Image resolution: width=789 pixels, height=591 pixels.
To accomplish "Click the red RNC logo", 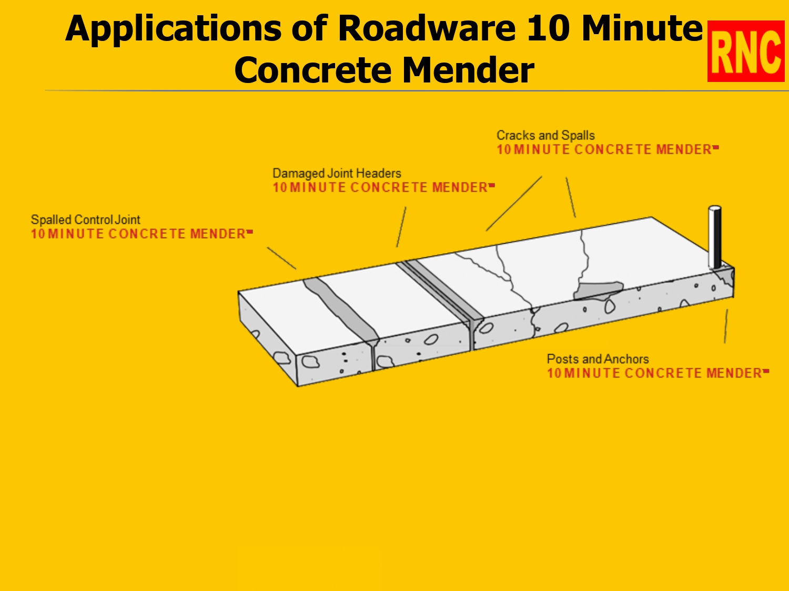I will [x=745, y=51].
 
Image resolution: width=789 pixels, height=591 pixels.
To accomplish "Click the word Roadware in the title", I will [x=426, y=28].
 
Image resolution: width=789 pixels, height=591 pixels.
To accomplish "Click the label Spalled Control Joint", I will [x=85, y=220].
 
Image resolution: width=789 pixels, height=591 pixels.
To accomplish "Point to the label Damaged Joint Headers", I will [x=337, y=173].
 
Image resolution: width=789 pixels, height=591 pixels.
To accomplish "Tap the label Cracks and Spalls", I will [x=545, y=136].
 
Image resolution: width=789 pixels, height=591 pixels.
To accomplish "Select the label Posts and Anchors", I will [x=598, y=359].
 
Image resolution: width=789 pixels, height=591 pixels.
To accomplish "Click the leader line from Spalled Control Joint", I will [x=281, y=258].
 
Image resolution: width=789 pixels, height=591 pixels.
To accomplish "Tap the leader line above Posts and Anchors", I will [x=726, y=326].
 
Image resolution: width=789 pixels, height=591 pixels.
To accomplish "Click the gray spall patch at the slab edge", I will [x=598, y=291].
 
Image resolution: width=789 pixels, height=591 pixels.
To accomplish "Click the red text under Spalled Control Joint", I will [x=139, y=234].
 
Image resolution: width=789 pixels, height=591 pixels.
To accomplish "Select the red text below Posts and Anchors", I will [x=655, y=374].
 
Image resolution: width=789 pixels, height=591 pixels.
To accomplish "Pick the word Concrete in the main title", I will [x=310, y=70].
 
